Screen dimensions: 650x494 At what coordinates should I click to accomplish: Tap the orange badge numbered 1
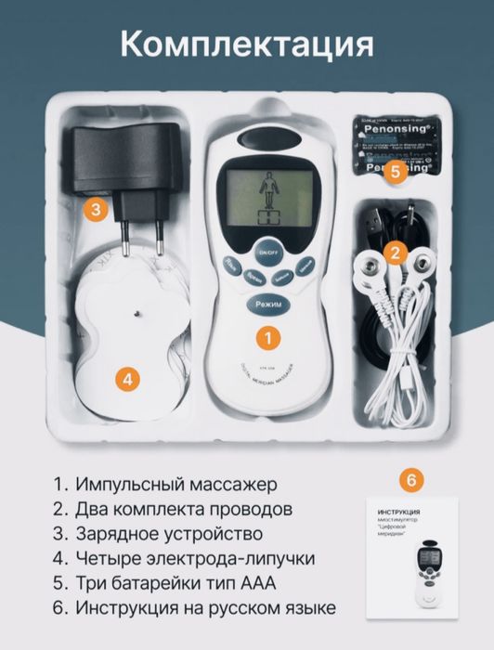point(267,338)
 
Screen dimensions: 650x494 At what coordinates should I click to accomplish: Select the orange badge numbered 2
point(395,251)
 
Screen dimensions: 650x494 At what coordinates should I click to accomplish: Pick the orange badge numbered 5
point(395,171)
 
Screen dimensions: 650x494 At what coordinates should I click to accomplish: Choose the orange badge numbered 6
point(408,480)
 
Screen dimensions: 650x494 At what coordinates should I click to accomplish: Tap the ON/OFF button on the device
point(267,253)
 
